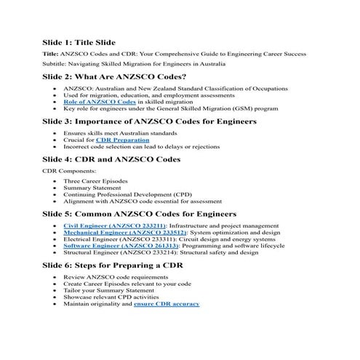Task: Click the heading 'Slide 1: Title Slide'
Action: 89,43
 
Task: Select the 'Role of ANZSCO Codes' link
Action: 92,103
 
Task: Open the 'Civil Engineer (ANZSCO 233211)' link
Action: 104,225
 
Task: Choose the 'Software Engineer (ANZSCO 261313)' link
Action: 111,246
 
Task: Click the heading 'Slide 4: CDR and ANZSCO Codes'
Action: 111,158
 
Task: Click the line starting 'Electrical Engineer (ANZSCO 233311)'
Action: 169,239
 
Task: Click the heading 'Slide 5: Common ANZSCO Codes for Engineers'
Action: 139,214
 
